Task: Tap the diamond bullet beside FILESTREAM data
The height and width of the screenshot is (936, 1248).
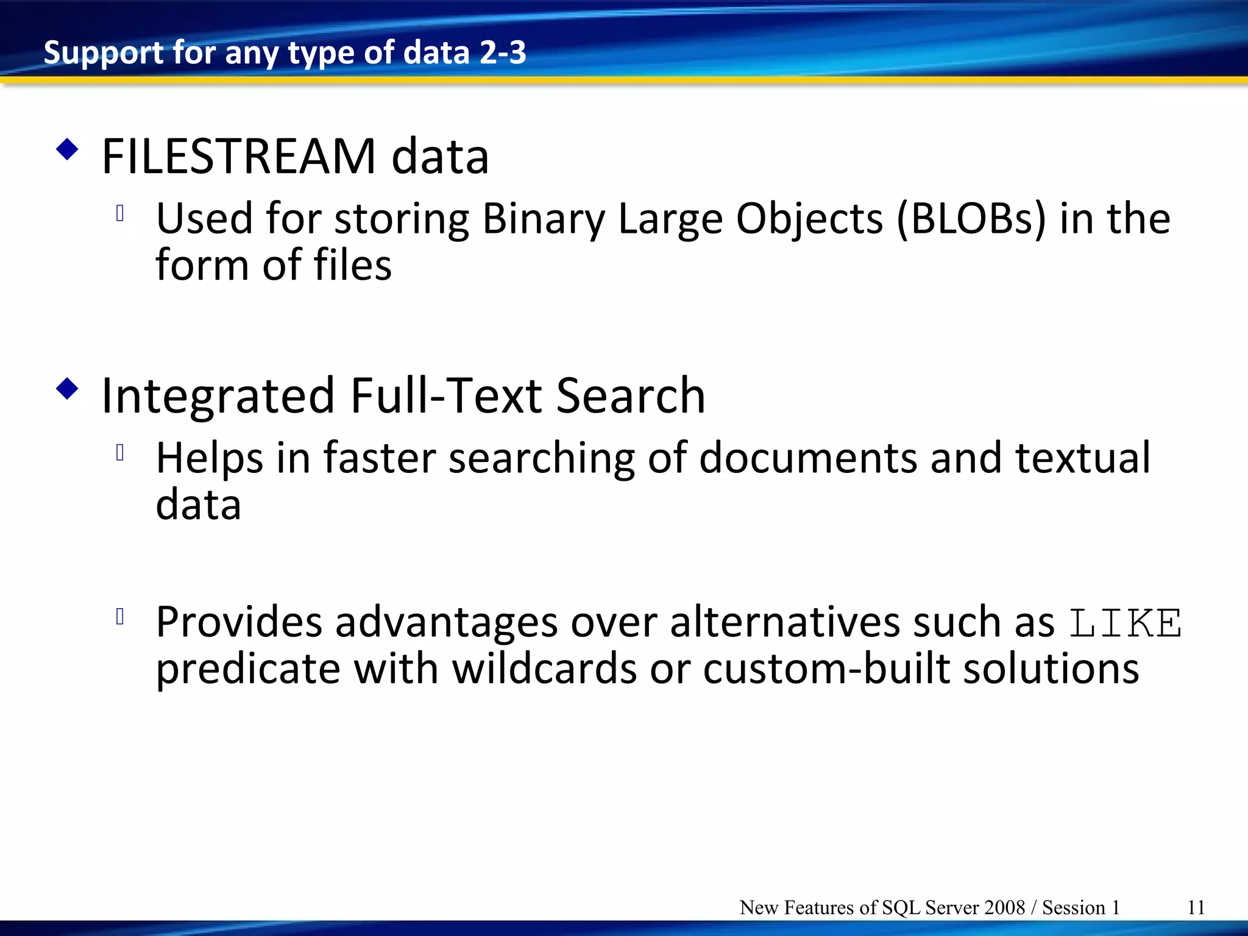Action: [67, 150]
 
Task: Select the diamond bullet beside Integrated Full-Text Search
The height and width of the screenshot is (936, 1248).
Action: [67, 389]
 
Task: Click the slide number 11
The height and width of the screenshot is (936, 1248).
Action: [1196, 907]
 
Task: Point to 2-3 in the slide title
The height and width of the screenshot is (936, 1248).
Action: [503, 52]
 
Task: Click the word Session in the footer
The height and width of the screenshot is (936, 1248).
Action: [1074, 907]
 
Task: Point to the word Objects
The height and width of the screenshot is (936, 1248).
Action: [809, 219]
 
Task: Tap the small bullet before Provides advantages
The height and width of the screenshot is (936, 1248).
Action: [120, 617]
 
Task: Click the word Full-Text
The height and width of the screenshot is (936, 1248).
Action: [445, 397]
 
